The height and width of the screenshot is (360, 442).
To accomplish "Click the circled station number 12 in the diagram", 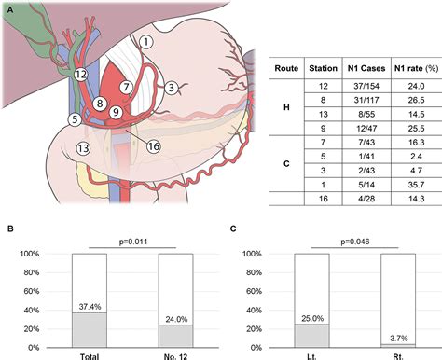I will pos(80,74).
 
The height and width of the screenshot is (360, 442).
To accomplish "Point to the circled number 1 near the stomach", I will pos(145,42).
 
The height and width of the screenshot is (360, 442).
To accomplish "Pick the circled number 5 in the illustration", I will pos(74,119).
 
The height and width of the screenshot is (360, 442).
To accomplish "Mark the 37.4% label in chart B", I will pos(90,306).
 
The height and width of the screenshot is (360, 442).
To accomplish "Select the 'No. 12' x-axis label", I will pos(175,355).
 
